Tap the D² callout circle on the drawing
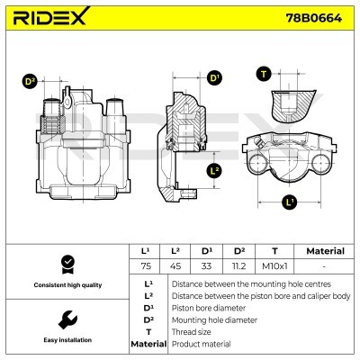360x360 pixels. coord(30,81)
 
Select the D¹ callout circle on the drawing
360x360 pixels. coord(215,78)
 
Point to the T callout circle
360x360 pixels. coord(264,75)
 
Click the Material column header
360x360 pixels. coord(325,251)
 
